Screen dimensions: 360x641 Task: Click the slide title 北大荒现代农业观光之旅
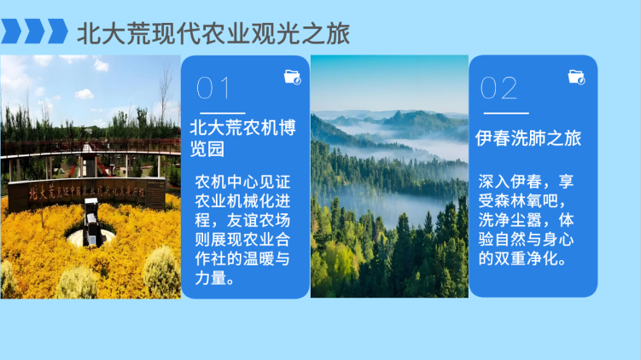[x=213, y=33]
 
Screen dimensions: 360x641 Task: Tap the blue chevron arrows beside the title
[x=35, y=32]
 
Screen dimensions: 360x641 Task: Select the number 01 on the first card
[x=213, y=88]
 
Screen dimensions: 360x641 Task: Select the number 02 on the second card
[x=498, y=88]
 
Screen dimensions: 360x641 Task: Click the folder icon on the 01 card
[x=292, y=77]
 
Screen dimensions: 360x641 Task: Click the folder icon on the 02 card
[x=576, y=77]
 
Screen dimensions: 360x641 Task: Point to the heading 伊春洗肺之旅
[x=528, y=137]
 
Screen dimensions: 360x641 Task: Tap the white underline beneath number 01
[x=221, y=113]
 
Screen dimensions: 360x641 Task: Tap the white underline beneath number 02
[x=504, y=113]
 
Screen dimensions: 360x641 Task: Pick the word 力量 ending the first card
[x=211, y=278]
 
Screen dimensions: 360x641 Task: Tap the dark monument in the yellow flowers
[x=90, y=227]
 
